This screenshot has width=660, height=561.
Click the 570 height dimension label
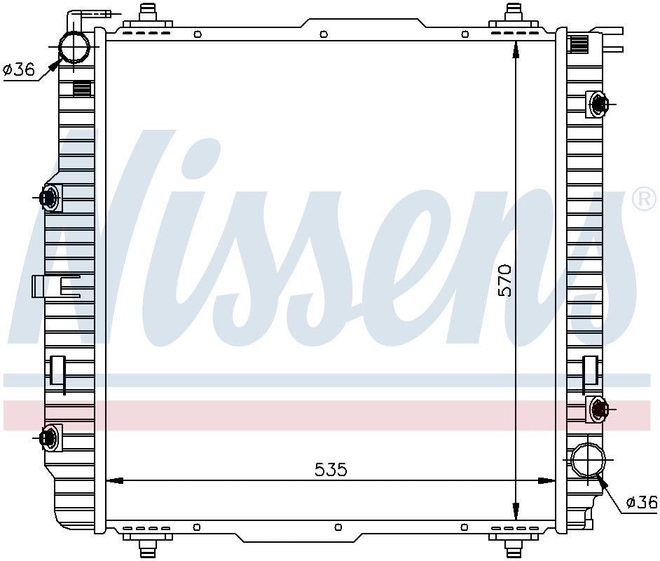point(504,280)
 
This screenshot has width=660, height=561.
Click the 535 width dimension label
point(331,469)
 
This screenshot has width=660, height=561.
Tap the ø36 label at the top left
point(18,69)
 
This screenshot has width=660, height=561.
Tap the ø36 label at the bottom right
point(642,502)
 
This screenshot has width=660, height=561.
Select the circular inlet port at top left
point(74,47)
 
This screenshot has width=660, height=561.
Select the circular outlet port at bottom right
point(588,459)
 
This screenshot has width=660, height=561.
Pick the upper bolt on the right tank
point(598,104)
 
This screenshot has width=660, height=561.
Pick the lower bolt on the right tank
point(598,408)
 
